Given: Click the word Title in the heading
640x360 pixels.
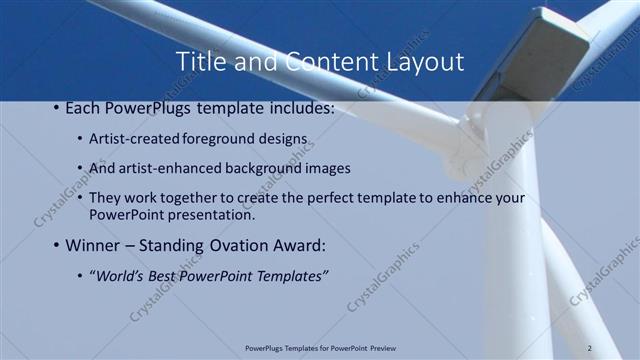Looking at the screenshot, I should [x=199, y=62].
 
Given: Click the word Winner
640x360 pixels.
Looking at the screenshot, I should [x=95, y=245].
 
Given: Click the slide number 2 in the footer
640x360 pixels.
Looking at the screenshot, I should [x=591, y=348].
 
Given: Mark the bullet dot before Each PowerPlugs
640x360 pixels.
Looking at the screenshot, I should [x=56, y=107].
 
